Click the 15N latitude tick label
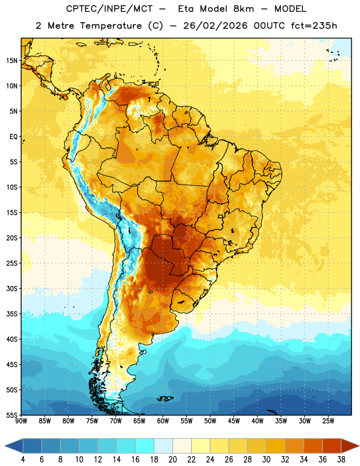pos(12,61)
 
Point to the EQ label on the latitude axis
pos(13,137)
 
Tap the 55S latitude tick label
pos(12,415)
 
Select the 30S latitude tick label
pos(12,288)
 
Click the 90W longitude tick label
pos(22,421)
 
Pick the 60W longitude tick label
pos(163,421)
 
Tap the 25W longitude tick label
pos(328,421)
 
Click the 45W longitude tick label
pos(234,421)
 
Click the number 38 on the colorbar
pos(341,460)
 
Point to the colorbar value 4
pos(23,460)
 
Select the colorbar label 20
pos(172,460)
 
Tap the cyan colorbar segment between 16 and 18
pos(145,446)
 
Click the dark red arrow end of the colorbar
pos(350,446)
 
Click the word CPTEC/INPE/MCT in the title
pos(110,9)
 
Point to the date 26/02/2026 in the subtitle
pos(216,26)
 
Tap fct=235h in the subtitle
pos(314,26)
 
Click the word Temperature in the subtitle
pos(111,26)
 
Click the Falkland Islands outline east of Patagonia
pos(165,398)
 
